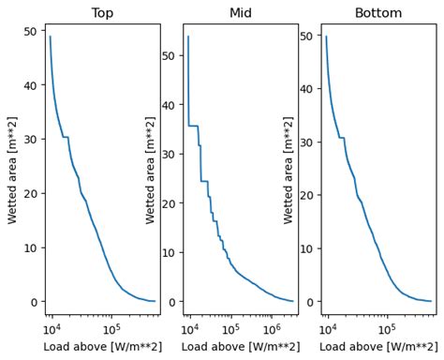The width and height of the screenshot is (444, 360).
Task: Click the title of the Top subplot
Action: point(102,13)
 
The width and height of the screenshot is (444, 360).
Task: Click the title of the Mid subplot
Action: point(241,13)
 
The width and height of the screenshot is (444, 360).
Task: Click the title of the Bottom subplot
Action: point(378,13)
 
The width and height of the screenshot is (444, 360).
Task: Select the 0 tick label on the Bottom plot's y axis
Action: point(310,301)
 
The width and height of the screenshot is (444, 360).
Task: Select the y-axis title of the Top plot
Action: point(12,169)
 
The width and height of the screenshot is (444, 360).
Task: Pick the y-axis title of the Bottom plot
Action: point(289,169)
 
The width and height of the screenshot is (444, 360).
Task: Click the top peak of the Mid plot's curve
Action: point(188,37)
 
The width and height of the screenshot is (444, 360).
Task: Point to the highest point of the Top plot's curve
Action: point(51,37)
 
